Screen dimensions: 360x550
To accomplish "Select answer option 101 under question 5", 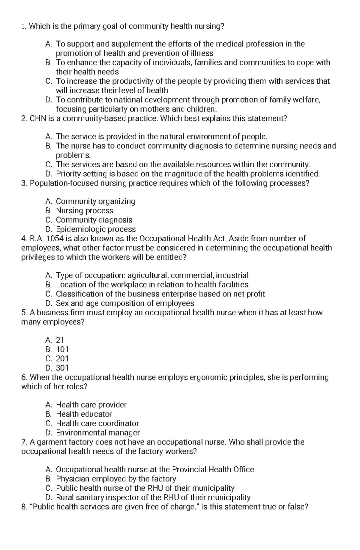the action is tap(62, 349).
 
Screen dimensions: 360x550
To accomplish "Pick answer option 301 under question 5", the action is tap(62, 368).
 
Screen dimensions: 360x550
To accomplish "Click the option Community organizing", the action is tap(95, 201).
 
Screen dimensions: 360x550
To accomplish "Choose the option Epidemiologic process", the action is tap(96, 229).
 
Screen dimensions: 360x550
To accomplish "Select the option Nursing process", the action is tap(85, 210).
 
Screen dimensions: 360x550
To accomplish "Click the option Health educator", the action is tap(84, 414).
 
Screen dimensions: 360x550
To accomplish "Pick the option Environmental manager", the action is tap(98, 433).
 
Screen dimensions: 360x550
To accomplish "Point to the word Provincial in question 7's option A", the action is tap(189, 469).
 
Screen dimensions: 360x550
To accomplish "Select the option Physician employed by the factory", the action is tap(116, 479).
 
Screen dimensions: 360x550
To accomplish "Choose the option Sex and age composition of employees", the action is tap(125, 303).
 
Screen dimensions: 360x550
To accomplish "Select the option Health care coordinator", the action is tap(97, 423).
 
